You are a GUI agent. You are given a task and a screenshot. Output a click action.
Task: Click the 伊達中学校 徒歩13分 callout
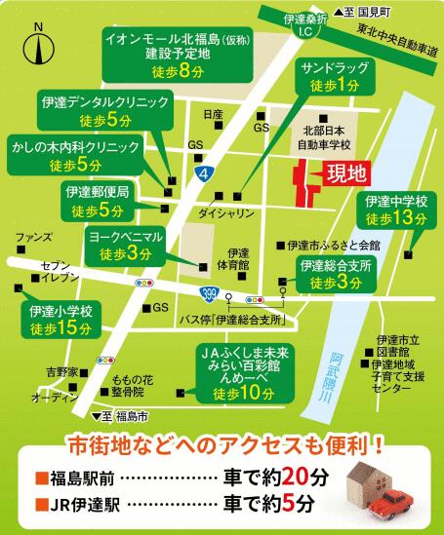tap(395, 210)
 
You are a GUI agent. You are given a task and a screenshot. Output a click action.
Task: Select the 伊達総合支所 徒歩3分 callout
tap(331, 275)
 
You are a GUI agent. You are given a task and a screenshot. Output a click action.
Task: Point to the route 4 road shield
tap(201, 173)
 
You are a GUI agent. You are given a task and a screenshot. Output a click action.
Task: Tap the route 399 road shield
tap(209, 290)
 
